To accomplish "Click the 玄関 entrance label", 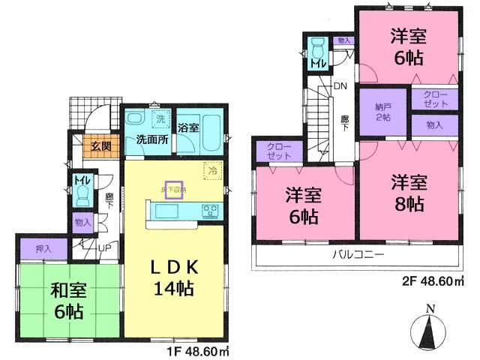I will tap(101, 145).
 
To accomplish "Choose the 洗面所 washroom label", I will tap(151, 139).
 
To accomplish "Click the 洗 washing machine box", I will tap(160, 118).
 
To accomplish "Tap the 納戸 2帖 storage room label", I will tap(383, 112).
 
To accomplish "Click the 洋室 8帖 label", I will tap(409, 191).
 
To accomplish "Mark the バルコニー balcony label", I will tap(358, 255).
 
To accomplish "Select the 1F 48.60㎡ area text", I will tap(197, 349).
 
